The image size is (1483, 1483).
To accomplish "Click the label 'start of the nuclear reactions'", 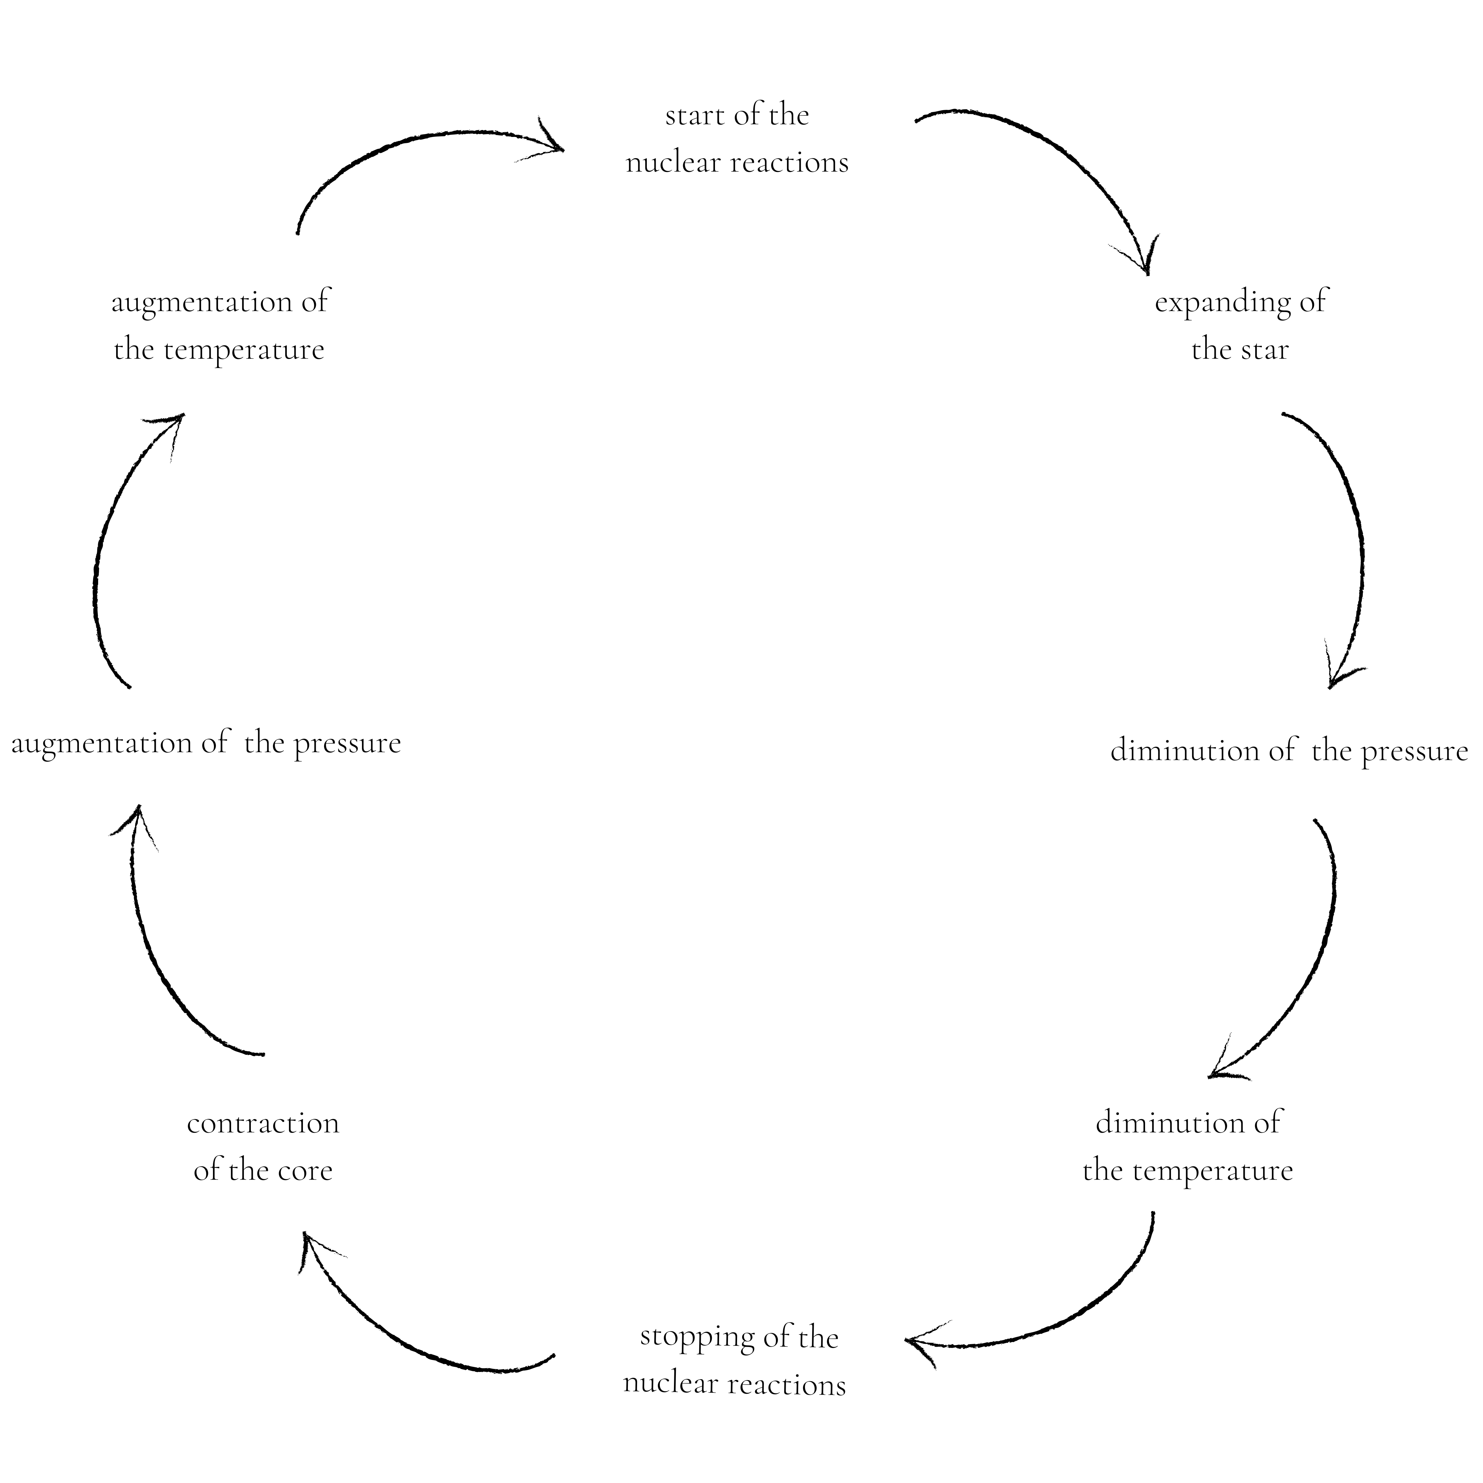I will pos(737,139).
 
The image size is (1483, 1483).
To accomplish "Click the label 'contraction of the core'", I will pos(263,1147).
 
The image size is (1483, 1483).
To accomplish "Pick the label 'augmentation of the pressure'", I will pos(206,743).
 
